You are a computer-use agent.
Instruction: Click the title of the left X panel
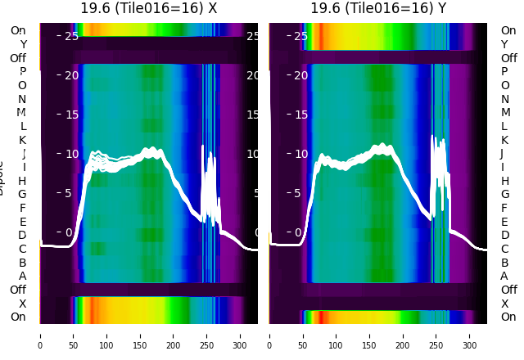(148, 8)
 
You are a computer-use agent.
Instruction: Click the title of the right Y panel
(378, 8)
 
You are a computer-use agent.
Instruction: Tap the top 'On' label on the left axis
(18, 30)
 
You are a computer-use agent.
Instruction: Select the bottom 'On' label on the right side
(508, 317)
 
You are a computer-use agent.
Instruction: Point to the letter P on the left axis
(22, 71)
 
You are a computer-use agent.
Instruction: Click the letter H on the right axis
(505, 181)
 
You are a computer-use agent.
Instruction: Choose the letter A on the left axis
(22, 276)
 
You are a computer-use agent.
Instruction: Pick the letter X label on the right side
(505, 304)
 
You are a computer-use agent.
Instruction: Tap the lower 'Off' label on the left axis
(18, 290)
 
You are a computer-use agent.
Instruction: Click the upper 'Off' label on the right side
(508, 58)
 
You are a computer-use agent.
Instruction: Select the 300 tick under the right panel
(471, 335)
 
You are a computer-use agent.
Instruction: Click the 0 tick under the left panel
(39, 335)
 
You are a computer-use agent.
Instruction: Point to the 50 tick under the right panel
(303, 335)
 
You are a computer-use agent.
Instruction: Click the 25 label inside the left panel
(71, 36)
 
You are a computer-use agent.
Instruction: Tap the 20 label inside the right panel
(300, 75)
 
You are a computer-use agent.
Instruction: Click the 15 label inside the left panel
(71, 115)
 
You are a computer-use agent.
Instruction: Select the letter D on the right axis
(505, 235)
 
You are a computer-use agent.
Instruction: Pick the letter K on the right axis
(505, 140)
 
